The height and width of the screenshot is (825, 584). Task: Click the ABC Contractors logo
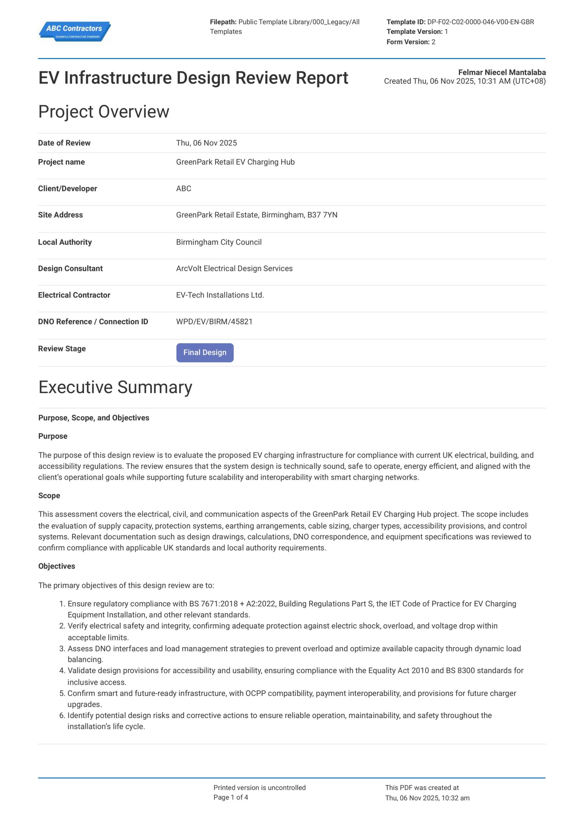click(74, 31)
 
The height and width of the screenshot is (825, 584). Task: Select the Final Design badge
click(205, 353)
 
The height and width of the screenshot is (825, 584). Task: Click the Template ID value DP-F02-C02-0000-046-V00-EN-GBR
click(480, 22)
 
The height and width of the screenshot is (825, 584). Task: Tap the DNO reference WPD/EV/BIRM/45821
click(214, 322)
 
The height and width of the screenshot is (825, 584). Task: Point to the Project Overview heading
click(104, 112)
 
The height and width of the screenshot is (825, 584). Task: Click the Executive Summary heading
click(115, 387)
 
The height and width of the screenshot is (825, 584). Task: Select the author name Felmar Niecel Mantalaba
click(502, 72)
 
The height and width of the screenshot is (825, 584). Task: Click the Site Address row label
click(60, 215)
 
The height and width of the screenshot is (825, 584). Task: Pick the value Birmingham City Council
click(219, 242)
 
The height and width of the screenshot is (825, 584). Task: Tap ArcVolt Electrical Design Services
click(234, 268)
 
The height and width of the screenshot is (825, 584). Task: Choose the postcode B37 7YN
click(322, 215)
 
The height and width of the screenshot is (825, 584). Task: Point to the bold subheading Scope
click(49, 496)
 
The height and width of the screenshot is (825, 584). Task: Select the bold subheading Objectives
click(57, 566)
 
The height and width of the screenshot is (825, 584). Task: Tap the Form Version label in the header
click(408, 42)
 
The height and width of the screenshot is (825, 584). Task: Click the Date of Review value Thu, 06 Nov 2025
click(206, 143)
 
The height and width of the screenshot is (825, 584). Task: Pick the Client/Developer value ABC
click(183, 189)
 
